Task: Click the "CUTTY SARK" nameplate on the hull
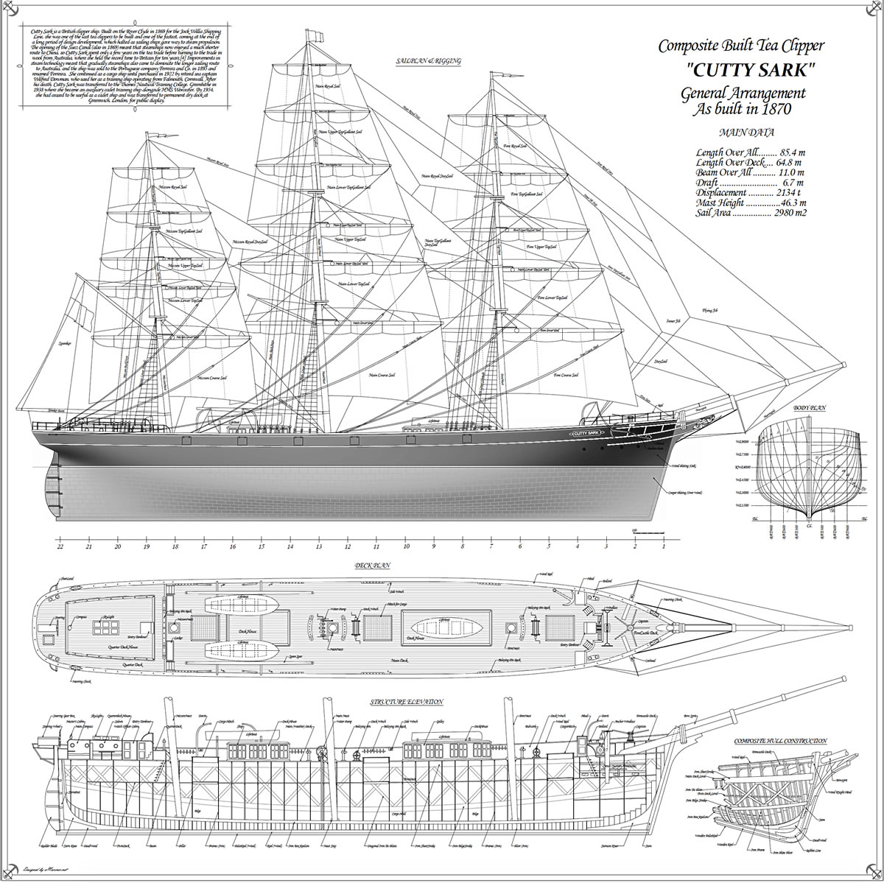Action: [x=586, y=433]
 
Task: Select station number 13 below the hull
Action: [x=319, y=547]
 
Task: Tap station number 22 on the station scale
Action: [x=60, y=547]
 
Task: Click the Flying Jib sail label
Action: [x=709, y=310]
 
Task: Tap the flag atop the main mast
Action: [x=315, y=34]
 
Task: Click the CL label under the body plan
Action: [x=810, y=525]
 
